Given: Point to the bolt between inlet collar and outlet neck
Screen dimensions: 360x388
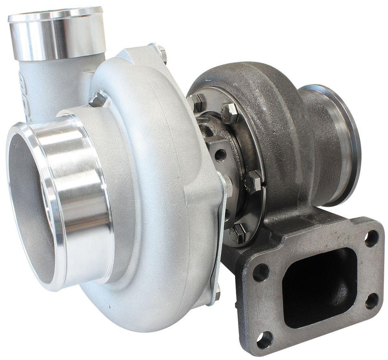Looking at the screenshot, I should (x=98, y=99).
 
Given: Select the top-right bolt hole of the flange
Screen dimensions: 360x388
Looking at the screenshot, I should (x=371, y=238).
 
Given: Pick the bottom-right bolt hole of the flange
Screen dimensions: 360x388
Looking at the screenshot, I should (x=372, y=300).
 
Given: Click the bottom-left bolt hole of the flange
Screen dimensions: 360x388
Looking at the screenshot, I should (x=265, y=338).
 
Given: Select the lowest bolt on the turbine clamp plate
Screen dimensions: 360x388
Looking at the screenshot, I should (x=239, y=233).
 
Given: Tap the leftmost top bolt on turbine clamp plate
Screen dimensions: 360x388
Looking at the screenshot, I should (x=196, y=101).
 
